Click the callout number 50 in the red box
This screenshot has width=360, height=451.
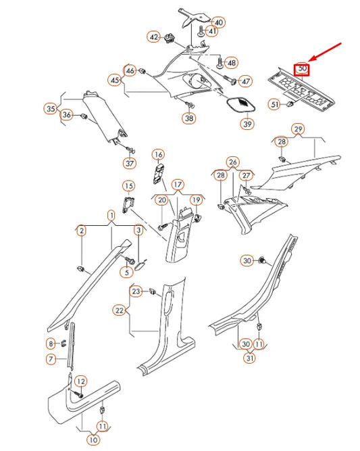[303, 69]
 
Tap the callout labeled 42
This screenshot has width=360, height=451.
[154, 37]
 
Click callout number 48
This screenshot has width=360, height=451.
[232, 63]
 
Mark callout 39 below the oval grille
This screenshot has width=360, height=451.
[247, 124]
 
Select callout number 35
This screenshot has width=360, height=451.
[50, 108]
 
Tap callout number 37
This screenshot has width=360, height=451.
[129, 163]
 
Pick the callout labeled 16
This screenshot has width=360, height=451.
[157, 155]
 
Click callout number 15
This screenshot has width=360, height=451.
[128, 186]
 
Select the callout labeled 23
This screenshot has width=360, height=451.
[136, 291]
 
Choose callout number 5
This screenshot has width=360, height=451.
[125, 272]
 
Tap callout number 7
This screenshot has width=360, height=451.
[50, 359]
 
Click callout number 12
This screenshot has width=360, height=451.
[80, 382]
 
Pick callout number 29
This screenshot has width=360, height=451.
[297, 129]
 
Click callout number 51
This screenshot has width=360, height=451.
[274, 104]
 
